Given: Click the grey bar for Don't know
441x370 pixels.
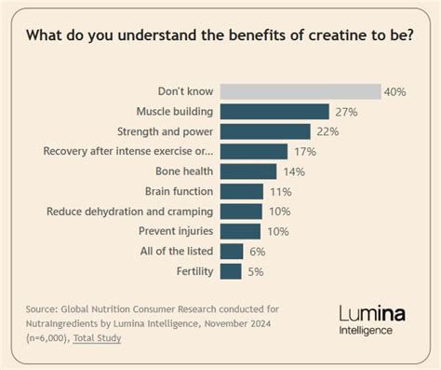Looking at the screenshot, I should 301,91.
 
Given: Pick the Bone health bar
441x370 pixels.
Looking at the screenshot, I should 250,171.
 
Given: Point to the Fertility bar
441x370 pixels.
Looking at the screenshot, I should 233,271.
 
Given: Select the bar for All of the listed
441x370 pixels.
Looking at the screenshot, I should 234,251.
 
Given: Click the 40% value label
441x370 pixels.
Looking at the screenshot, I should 397,91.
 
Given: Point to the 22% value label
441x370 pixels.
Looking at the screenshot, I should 327,131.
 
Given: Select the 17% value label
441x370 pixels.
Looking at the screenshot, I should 305,151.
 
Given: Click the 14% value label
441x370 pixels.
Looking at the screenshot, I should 293,171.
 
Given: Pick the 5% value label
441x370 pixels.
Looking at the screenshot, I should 255,271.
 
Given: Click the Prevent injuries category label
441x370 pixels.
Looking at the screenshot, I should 176,231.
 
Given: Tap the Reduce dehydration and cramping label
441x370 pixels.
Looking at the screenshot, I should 130,212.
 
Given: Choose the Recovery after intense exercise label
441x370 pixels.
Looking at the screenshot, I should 128,151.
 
